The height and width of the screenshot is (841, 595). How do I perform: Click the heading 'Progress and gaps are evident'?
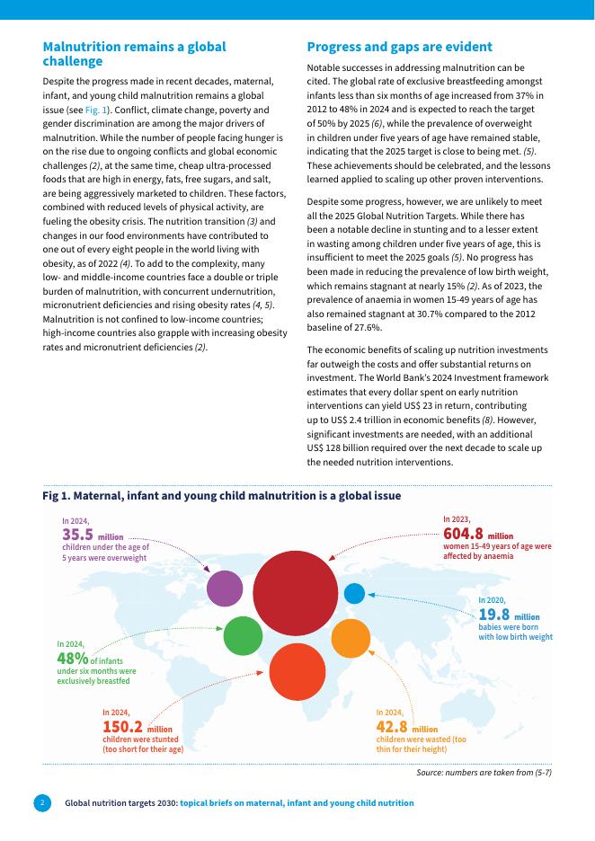[x=399, y=47]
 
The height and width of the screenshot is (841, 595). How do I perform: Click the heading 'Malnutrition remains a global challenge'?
[x=135, y=54]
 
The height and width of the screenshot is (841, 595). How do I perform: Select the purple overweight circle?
[x=225, y=589]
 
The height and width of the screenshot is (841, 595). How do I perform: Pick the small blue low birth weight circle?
[x=355, y=593]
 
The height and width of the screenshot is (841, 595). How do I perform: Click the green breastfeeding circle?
[x=242, y=636]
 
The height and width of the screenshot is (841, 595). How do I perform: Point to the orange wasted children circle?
[x=351, y=638]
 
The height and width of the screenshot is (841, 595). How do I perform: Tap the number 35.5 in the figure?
[x=78, y=534]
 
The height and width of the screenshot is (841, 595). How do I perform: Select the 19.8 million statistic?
[x=494, y=615]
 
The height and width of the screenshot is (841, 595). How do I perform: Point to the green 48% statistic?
[x=72, y=659]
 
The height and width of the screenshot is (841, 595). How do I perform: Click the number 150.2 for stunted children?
[x=123, y=726]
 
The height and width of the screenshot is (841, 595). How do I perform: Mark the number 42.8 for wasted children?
[x=392, y=726]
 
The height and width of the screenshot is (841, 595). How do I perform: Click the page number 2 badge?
[x=41, y=801]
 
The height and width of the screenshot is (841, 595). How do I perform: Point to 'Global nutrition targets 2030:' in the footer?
[x=120, y=802]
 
